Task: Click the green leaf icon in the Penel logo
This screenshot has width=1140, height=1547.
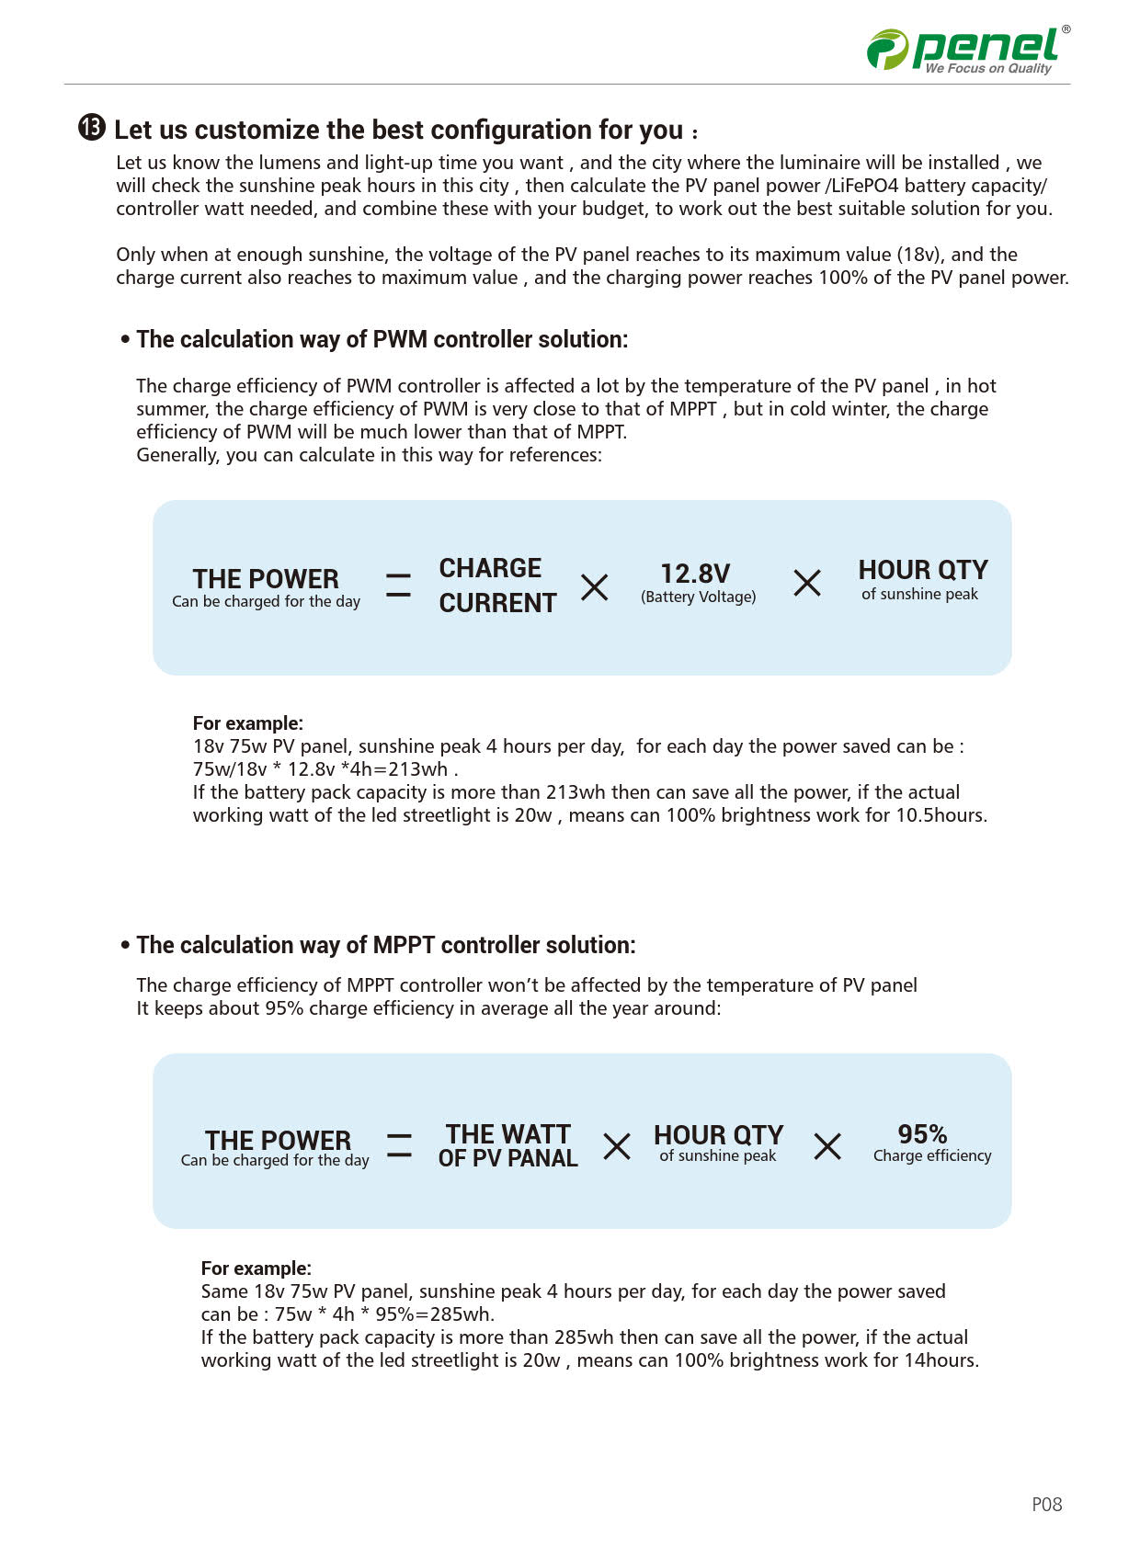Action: pyautogui.click(x=887, y=49)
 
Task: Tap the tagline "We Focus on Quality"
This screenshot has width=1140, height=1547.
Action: pyautogui.click(x=987, y=69)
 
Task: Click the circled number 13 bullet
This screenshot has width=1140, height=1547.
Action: pyautogui.click(x=92, y=128)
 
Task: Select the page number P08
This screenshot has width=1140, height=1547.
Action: pyautogui.click(x=1046, y=1504)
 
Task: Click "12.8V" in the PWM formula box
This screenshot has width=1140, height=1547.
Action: pyautogui.click(x=695, y=574)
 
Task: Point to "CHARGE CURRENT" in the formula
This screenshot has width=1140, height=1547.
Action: pyautogui.click(x=497, y=586)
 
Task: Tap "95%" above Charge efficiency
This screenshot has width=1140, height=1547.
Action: pyautogui.click(x=922, y=1133)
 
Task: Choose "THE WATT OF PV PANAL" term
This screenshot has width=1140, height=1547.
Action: pyautogui.click(x=508, y=1145)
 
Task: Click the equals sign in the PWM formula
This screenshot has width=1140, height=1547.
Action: pyautogui.click(x=398, y=586)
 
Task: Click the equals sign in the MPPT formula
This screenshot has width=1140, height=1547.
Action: pyautogui.click(x=399, y=1145)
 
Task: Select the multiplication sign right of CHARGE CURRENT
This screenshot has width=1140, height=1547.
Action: pyautogui.click(x=595, y=586)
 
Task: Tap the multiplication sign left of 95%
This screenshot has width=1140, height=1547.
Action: pyautogui.click(x=827, y=1146)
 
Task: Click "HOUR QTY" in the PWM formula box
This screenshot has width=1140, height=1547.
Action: pyautogui.click(x=923, y=570)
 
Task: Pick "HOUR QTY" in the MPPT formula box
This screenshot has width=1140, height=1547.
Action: pyautogui.click(x=718, y=1135)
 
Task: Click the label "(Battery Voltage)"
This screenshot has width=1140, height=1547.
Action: pyautogui.click(x=698, y=597)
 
